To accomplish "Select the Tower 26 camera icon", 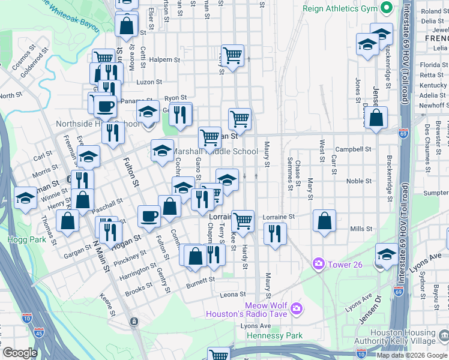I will tap(318, 263).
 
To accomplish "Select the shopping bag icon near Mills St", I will tap(324, 221).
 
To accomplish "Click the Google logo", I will tap(20, 353).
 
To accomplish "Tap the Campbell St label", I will tap(354, 149).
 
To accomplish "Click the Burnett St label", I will tap(200, 280).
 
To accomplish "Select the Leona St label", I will tap(233, 295).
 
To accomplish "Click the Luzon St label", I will tap(149, 82).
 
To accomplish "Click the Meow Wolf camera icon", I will tap(295, 308).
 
